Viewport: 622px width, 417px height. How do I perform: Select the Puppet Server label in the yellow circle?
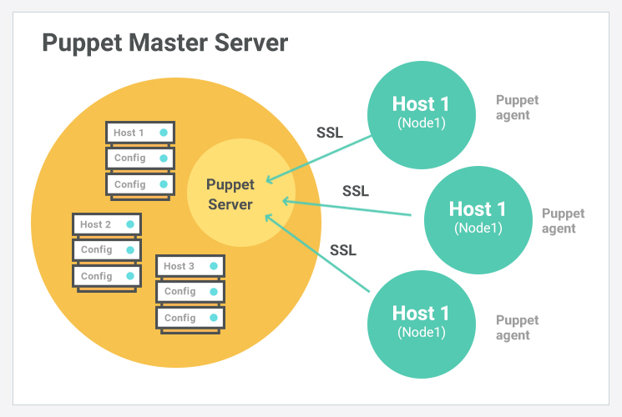pyautogui.click(x=230, y=194)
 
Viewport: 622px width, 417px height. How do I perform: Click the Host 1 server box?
pyautogui.click(x=140, y=133)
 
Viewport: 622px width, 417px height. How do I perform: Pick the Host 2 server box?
pyautogui.click(x=107, y=224)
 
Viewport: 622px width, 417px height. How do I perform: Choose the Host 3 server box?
pyautogui.click(x=190, y=266)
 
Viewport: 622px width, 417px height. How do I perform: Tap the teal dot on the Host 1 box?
pyautogui.click(x=164, y=133)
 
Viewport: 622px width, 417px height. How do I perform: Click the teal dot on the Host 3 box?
pyautogui.click(x=214, y=266)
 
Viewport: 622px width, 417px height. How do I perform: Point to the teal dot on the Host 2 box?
pyautogui.click(x=130, y=224)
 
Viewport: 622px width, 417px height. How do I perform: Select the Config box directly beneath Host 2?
pyautogui.click(x=107, y=250)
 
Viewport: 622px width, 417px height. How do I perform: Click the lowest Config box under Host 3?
pyautogui.click(x=190, y=318)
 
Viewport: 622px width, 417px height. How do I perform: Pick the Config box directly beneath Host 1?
pyautogui.click(x=140, y=158)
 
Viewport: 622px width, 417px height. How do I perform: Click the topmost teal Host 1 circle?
pyautogui.click(x=421, y=112)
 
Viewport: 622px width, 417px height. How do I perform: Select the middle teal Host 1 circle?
pyautogui.click(x=478, y=217)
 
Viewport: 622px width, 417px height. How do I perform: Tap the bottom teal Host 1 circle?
pyautogui.click(x=421, y=321)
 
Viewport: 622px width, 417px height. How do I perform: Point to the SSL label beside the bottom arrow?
pyautogui.click(x=343, y=249)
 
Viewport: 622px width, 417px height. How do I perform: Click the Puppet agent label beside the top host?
pyautogui.click(x=517, y=108)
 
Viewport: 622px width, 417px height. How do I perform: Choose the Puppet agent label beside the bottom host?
pyautogui.click(x=517, y=328)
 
